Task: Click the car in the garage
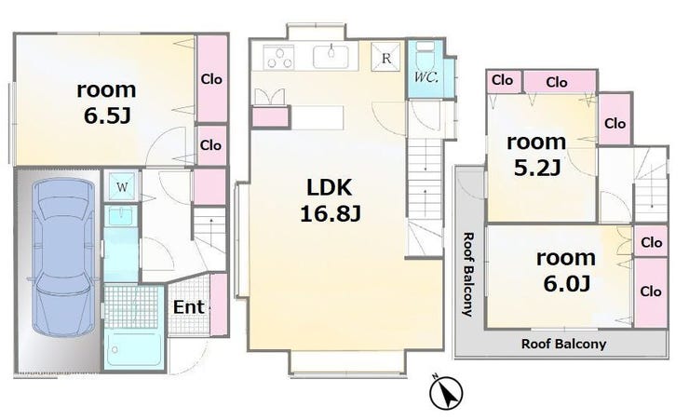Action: pyautogui.click(x=63, y=258)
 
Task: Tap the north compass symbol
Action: pyautogui.click(x=446, y=392)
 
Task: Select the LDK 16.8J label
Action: pyautogui.click(x=331, y=201)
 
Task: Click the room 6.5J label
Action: pyautogui.click(x=106, y=102)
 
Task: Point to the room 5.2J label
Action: pyautogui.click(x=536, y=155)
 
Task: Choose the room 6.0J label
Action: pyautogui.click(x=566, y=271)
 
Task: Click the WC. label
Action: pyautogui.click(x=426, y=77)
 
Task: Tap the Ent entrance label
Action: pyautogui.click(x=188, y=307)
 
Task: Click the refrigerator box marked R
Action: pyautogui.click(x=385, y=57)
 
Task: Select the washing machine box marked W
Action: pyautogui.click(x=122, y=186)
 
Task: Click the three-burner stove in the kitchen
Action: pyautogui.click(x=279, y=57)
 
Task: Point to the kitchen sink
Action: pyautogui.click(x=331, y=56)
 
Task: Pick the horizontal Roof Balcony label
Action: pyautogui.click(x=563, y=344)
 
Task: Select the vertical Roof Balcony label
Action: pyautogui.click(x=468, y=274)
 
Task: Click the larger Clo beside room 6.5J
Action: pyautogui.click(x=211, y=78)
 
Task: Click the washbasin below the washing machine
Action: pyautogui.click(x=122, y=217)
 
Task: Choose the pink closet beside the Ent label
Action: pyautogui.click(x=219, y=305)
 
